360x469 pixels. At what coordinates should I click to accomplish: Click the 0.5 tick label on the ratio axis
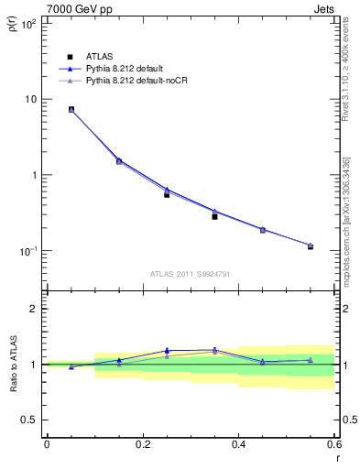coord(32,420)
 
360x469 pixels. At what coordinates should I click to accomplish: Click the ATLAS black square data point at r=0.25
coord(167,194)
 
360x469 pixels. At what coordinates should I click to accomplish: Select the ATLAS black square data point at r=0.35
coord(214,216)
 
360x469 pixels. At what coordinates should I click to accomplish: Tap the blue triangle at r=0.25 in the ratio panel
coord(167,350)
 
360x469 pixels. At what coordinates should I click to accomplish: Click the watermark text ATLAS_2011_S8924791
coord(190,273)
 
